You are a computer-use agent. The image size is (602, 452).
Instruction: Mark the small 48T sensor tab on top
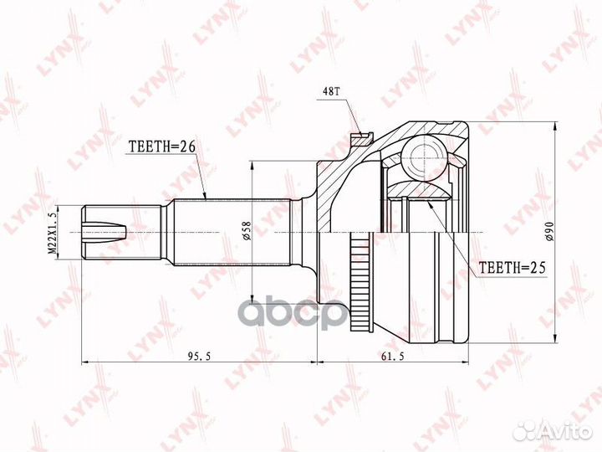[x=360, y=134]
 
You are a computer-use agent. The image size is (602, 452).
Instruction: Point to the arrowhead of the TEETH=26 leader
[x=205, y=198]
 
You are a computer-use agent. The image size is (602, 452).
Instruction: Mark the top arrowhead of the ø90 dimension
[x=553, y=126]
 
